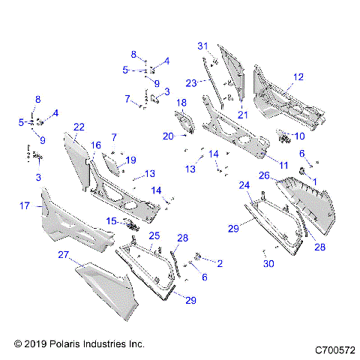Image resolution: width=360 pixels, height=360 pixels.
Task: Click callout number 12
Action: pyautogui.click(x=298, y=76)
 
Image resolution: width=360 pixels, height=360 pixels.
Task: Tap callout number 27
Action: pyautogui.click(x=63, y=254)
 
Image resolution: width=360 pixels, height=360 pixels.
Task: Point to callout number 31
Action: pyautogui.click(x=202, y=46)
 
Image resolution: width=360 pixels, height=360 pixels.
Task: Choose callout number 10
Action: pyautogui.click(x=300, y=136)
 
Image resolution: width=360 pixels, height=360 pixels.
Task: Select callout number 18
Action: pyautogui.click(x=181, y=102)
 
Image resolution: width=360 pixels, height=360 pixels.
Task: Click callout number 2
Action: pyautogui.click(x=219, y=263)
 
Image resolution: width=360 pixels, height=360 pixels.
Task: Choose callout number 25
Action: pyautogui.click(x=154, y=236)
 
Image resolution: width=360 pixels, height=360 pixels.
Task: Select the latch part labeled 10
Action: pyautogui.click(x=284, y=137)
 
